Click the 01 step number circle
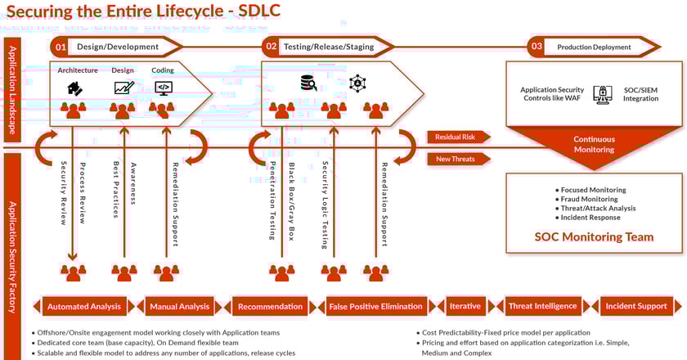click(x=61, y=47)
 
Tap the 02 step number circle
click(x=271, y=47)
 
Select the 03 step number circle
click(x=536, y=47)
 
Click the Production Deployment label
click(x=594, y=47)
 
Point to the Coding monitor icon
click(x=164, y=87)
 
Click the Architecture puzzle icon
click(x=74, y=87)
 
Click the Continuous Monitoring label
click(x=594, y=145)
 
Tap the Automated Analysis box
click(x=84, y=307)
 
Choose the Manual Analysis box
click(x=180, y=307)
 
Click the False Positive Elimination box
click(x=375, y=307)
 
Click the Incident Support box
click(x=636, y=307)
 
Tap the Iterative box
click(x=465, y=307)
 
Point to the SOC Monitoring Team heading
click(x=594, y=237)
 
